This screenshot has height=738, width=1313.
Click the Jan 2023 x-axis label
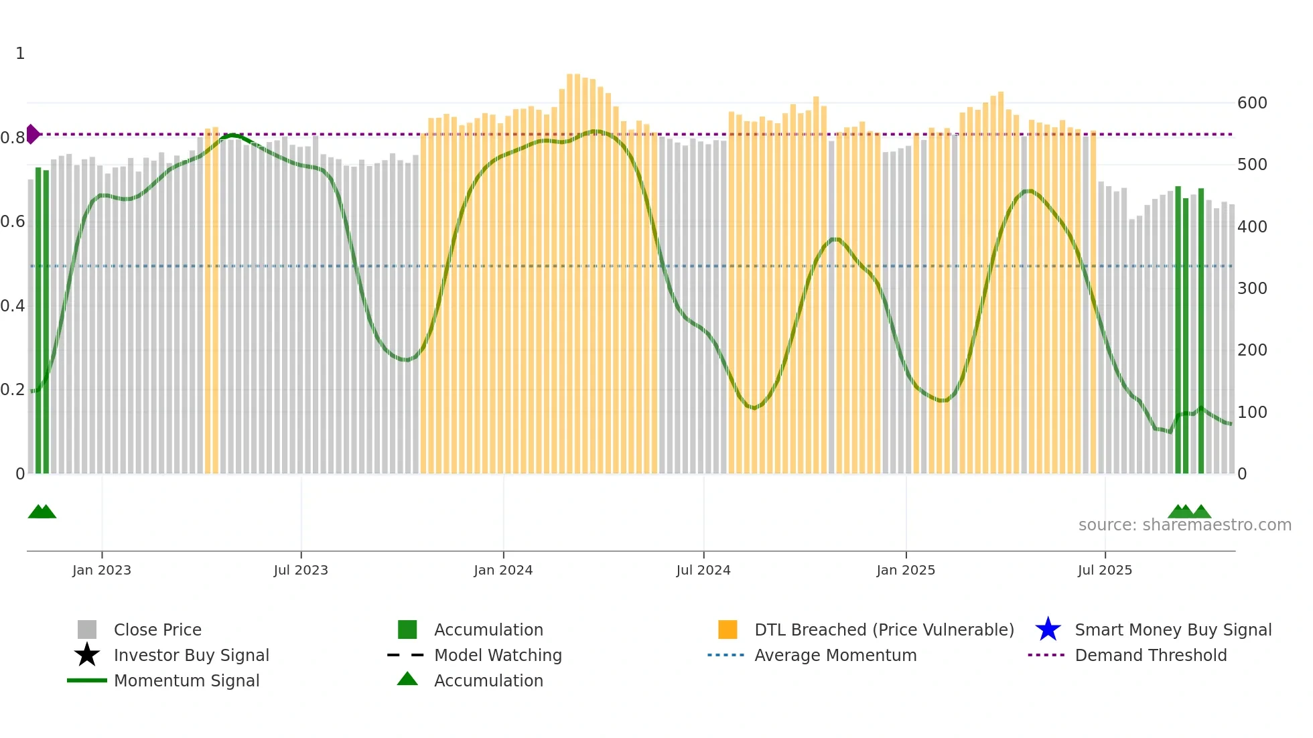(x=102, y=570)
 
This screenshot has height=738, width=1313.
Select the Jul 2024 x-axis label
(x=703, y=570)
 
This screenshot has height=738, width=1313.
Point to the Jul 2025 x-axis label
(x=1105, y=570)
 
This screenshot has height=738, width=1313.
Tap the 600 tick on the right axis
(x=1252, y=103)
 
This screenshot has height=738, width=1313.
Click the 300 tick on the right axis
(x=1252, y=289)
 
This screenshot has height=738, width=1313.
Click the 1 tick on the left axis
(x=20, y=54)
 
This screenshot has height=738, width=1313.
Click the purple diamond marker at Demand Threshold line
(x=32, y=134)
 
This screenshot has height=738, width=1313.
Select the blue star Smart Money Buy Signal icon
(x=1048, y=630)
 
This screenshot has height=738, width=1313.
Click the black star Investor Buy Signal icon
(x=87, y=655)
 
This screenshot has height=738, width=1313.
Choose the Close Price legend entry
(x=157, y=630)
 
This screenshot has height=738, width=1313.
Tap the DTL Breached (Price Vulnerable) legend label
(x=884, y=630)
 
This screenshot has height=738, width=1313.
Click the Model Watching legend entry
(x=498, y=655)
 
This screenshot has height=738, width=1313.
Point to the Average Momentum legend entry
(x=835, y=655)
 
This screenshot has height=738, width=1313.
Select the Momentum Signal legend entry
(x=186, y=680)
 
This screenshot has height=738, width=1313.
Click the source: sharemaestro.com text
(x=1184, y=525)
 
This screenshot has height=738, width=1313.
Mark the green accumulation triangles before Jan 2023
(x=42, y=512)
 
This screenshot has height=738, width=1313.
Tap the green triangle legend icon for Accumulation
(x=407, y=679)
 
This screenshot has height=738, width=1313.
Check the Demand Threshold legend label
(x=1150, y=655)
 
